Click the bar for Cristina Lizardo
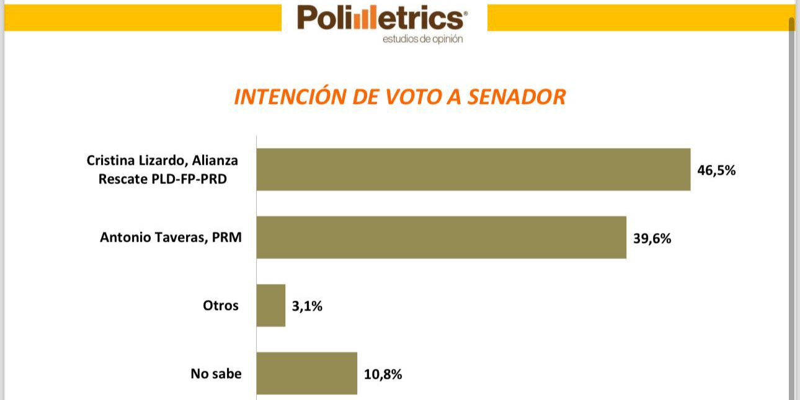(473, 169)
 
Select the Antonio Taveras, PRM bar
(441, 237)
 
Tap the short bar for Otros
(271, 305)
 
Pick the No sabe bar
(307, 373)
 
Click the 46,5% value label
(716, 171)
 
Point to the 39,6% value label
(652, 238)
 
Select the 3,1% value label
(307, 306)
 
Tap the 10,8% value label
(383, 374)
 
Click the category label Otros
(220, 305)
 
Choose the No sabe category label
(216, 373)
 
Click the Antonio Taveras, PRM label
(171, 237)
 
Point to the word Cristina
(112, 161)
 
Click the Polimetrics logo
(380, 19)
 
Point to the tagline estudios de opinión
(422, 39)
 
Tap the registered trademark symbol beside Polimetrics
(466, 12)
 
